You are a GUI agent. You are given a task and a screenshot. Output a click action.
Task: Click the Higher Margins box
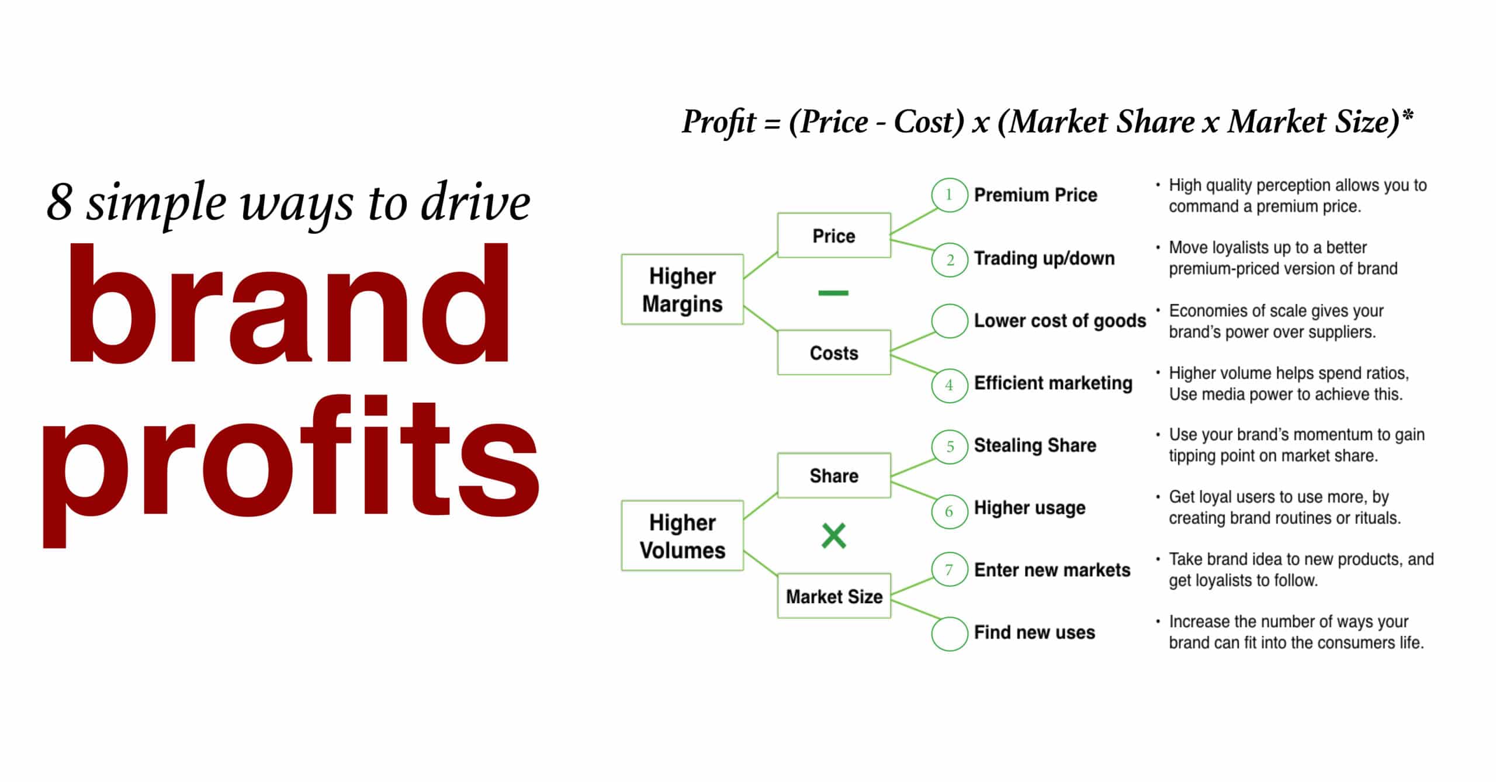pyautogui.click(x=682, y=289)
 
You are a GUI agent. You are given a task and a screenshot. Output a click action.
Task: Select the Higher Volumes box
pyautogui.click(x=682, y=535)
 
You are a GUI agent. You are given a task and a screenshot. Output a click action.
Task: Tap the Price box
pyautogui.click(x=834, y=236)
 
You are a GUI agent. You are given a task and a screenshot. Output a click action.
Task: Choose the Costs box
pyautogui.click(x=834, y=352)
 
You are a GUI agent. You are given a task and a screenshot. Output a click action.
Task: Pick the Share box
pyautogui.click(x=834, y=475)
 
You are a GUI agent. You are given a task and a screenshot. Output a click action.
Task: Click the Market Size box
pyautogui.click(x=834, y=596)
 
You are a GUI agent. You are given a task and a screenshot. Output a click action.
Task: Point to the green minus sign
pyautogui.click(x=833, y=293)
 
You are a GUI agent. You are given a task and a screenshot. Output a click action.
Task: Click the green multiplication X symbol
pyautogui.click(x=833, y=536)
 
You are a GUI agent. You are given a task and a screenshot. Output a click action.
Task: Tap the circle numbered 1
pyautogui.click(x=949, y=195)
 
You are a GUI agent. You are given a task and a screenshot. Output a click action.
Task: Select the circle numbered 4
pyautogui.click(x=949, y=385)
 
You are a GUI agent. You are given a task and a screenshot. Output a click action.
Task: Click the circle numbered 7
pyautogui.click(x=949, y=570)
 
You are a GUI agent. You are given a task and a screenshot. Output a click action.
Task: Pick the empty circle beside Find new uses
pyautogui.click(x=949, y=634)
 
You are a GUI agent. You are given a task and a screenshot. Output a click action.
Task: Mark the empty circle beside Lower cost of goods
pyautogui.click(x=949, y=321)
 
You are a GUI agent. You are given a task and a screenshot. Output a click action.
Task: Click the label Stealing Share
pyautogui.click(x=1035, y=445)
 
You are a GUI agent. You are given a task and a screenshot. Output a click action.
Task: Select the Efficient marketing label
pyautogui.click(x=1053, y=383)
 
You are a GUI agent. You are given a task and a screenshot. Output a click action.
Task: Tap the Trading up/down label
pyautogui.click(x=1044, y=258)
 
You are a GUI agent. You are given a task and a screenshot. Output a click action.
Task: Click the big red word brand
pyautogui.click(x=289, y=304)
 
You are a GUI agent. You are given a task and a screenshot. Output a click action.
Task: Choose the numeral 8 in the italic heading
pyautogui.click(x=59, y=202)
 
